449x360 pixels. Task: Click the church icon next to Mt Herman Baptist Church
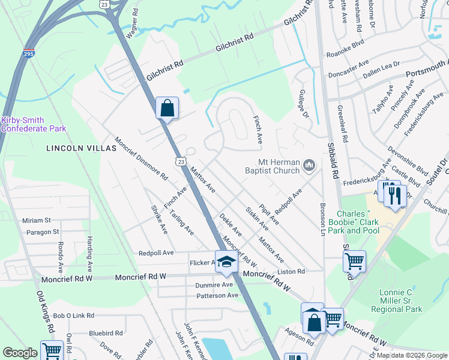[x=310, y=164]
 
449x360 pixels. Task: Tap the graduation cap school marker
[x=226, y=262]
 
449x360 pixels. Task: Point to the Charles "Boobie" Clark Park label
[x=358, y=222]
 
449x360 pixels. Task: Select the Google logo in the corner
[x=20, y=353]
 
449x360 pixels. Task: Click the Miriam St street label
[x=37, y=220]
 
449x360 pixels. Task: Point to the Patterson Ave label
[x=216, y=295]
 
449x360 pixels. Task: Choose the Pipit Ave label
[x=269, y=214]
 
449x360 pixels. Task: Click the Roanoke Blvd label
[x=345, y=53]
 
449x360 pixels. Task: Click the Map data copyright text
[x=411, y=355]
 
